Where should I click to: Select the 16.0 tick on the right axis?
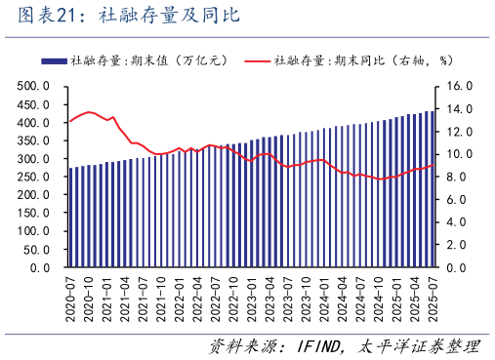point(459,87)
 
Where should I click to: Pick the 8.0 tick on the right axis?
point(459,177)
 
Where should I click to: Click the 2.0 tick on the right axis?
point(459,245)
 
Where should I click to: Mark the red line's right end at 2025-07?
point(432,166)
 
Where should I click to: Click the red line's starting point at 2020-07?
point(70,121)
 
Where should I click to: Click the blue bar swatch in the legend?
point(54,60)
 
